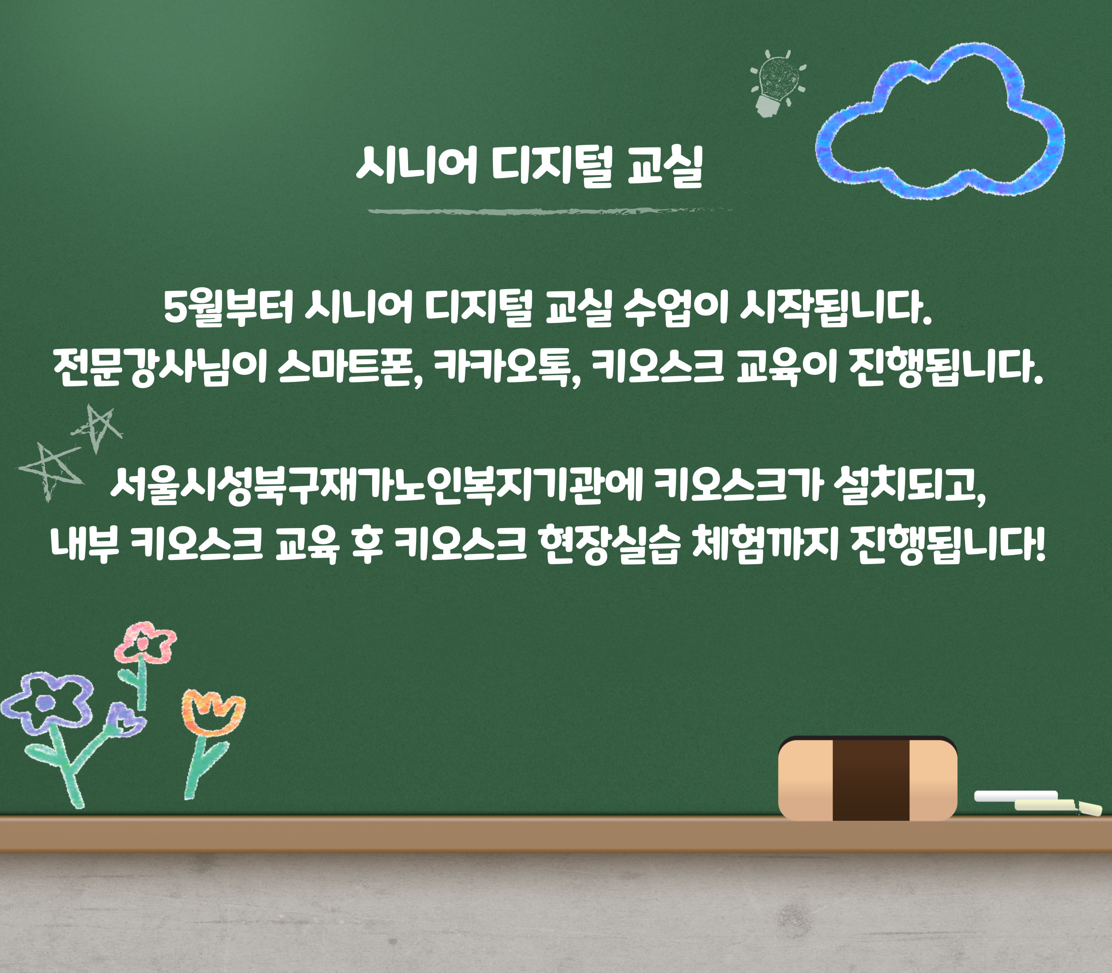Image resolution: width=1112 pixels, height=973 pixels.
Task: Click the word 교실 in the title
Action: point(665,165)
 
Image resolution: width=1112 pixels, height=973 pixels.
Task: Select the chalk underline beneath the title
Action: point(548,210)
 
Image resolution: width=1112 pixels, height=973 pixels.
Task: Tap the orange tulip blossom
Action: point(213,712)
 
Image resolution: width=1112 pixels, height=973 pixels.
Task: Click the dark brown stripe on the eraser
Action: point(870,778)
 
